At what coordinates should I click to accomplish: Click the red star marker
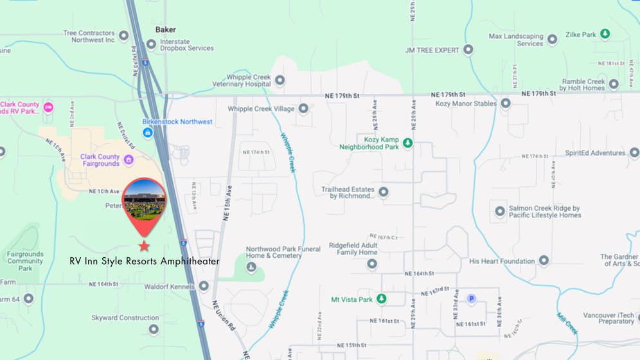144,246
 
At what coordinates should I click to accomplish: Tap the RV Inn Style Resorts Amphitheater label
145,261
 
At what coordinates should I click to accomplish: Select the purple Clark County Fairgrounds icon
129,159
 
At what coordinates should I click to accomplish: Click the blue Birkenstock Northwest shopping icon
147,133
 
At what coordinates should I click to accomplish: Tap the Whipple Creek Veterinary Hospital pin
280,80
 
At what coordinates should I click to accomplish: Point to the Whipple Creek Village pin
303,109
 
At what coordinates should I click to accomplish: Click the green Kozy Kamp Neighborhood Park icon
407,143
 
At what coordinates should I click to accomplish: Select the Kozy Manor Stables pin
506,103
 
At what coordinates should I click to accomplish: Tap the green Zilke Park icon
605,35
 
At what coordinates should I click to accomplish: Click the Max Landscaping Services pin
552,40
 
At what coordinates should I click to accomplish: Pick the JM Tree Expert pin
468,50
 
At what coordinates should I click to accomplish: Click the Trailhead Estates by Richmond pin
384,192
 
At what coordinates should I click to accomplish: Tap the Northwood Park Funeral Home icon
251,267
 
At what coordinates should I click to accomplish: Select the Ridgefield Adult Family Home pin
371,264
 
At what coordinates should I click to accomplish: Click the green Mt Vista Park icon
382,299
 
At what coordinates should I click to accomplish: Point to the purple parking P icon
472,298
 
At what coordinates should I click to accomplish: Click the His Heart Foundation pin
544,260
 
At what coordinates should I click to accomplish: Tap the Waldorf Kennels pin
204,286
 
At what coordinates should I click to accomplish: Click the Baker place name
165,30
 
